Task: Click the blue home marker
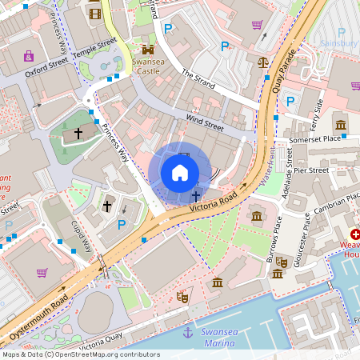pyautogui.click(x=180, y=173)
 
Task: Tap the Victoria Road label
pyautogui.click(x=213, y=204)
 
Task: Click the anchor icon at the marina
pyautogui.click(x=188, y=330)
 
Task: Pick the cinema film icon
pyautogui.click(x=95, y=14)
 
